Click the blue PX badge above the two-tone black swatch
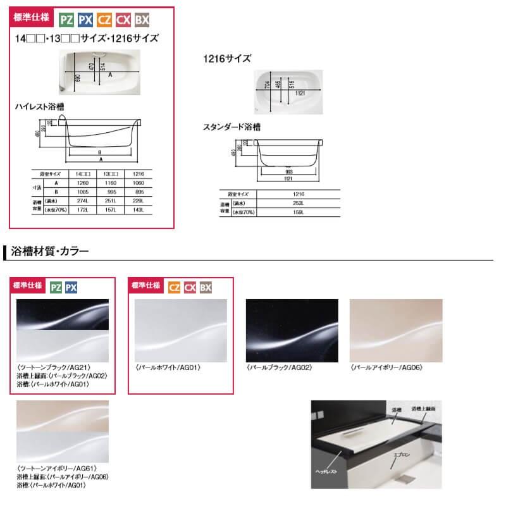click(x=71, y=287)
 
